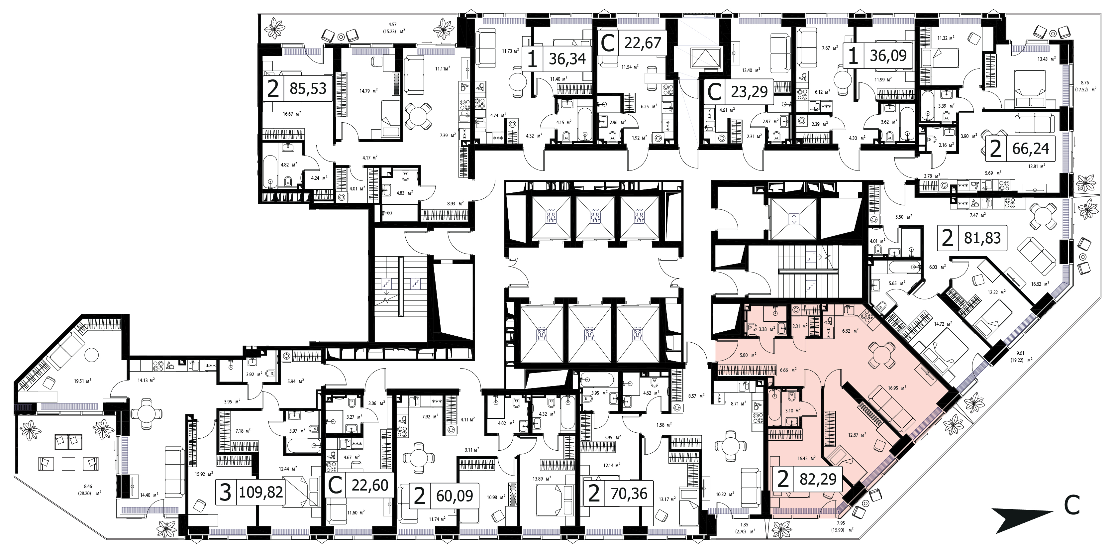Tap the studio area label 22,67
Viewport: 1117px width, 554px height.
[x=643, y=43]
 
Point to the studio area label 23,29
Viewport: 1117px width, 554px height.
[x=749, y=91]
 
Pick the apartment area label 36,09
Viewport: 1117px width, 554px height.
[x=888, y=56]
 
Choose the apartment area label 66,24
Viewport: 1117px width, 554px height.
[x=1031, y=149]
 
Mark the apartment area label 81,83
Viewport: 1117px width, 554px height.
[x=982, y=238]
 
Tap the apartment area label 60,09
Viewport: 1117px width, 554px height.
[x=455, y=496]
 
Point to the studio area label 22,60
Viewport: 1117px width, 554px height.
[x=369, y=485]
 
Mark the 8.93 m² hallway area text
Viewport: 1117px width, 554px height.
[x=455, y=203]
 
